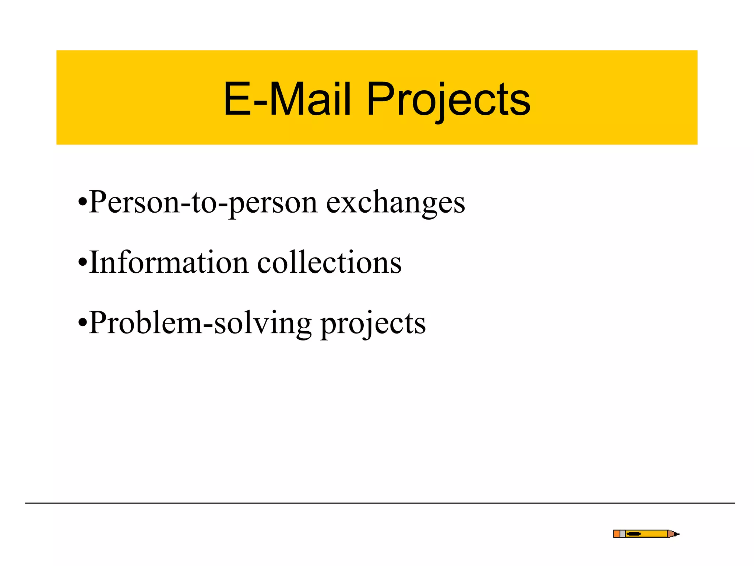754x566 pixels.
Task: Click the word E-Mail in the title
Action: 287,99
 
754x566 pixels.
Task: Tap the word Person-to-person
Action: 203,203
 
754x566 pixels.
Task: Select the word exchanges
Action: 395,203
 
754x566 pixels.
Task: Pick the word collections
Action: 329,263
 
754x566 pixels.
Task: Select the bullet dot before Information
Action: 83,263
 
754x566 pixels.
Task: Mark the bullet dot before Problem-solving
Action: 83,323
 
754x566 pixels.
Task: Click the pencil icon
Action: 646,534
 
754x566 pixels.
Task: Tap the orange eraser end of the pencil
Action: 617,534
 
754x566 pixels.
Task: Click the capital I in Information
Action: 95,263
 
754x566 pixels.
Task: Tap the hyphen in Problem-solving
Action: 208,324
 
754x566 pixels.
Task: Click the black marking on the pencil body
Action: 634,534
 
